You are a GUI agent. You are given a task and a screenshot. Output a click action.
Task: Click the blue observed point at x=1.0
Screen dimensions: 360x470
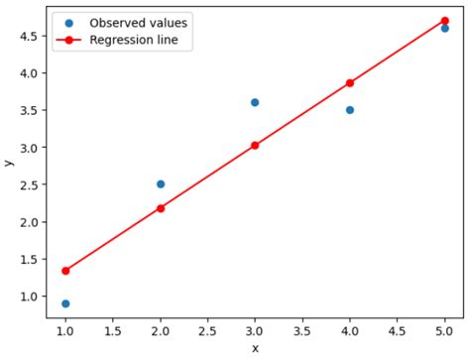coord(65,303)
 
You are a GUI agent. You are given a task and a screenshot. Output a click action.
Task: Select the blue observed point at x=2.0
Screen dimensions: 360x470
coord(161,184)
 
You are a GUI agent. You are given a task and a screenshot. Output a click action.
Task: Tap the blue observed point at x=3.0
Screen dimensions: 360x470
coord(255,102)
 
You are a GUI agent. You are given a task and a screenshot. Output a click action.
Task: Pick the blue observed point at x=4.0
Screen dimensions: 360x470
coord(350,110)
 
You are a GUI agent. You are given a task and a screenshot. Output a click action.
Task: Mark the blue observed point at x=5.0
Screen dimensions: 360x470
coord(444,28)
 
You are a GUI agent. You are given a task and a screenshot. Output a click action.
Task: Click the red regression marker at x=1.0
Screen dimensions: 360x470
coord(65,271)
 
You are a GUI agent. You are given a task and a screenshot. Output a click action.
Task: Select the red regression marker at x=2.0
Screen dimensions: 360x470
coord(161,208)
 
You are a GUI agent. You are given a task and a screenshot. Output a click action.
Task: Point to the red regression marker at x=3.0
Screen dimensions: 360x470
coord(255,145)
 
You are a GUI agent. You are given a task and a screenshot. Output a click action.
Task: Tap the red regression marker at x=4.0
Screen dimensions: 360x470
coord(350,83)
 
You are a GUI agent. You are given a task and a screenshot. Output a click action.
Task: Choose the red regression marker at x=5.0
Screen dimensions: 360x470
coord(444,21)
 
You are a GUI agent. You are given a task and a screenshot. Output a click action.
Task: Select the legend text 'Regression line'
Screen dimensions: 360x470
coord(135,41)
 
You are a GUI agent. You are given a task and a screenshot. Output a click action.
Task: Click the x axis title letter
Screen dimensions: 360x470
coord(255,349)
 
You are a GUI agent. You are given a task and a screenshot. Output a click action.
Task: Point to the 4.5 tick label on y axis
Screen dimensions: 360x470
coord(28,36)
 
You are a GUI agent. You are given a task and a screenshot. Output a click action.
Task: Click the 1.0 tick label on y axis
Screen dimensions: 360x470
coord(28,297)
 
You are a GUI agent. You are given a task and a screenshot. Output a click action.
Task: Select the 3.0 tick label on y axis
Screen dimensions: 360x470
coord(28,148)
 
